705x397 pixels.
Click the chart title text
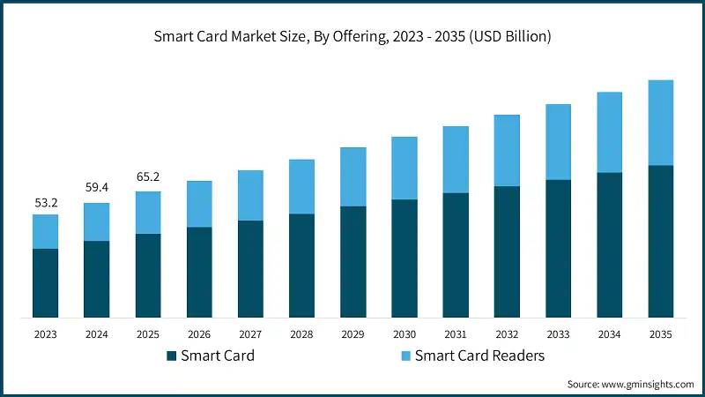[352, 37]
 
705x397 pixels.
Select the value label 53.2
[45, 202]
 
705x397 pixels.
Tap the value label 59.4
[96, 188]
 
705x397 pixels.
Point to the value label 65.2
[148, 176]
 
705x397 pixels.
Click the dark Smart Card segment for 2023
[45, 282]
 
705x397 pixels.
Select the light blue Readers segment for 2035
[661, 123]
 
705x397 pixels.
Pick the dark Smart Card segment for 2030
[404, 258]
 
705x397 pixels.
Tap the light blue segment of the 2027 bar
[250, 195]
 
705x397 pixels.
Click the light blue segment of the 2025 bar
[148, 213]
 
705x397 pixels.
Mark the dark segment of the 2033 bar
[559, 248]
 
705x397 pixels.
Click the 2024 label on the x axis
[96, 334]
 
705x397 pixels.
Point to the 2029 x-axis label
[353, 334]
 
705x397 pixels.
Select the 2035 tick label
[661, 334]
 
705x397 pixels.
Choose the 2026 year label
[199, 334]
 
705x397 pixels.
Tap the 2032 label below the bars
[507, 334]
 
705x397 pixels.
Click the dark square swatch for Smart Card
[171, 356]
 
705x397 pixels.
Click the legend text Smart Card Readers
[479, 356]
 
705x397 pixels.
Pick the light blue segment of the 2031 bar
[456, 160]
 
